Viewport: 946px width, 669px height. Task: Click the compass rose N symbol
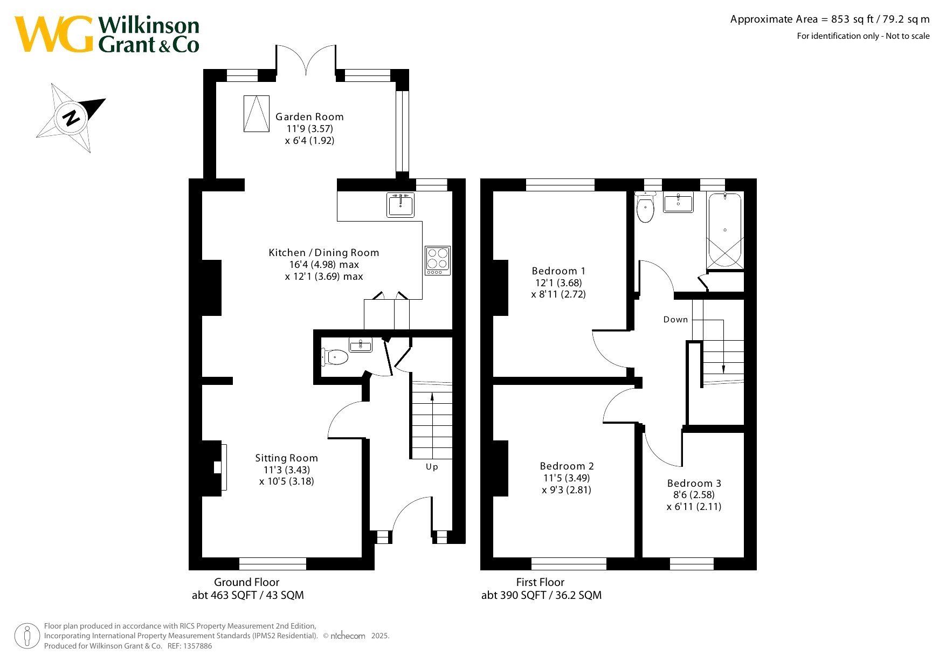[71, 118]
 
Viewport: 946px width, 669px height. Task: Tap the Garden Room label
[309, 117]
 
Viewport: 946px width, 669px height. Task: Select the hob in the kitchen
[437, 260]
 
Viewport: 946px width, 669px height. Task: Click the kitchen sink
[401, 205]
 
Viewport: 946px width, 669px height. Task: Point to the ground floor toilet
[335, 356]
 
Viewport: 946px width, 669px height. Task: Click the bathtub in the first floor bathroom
[725, 230]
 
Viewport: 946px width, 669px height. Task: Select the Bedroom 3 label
[694, 484]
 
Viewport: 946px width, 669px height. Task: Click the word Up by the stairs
[432, 467]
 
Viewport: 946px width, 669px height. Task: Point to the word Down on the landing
[675, 320]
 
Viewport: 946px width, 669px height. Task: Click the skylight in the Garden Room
[256, 114]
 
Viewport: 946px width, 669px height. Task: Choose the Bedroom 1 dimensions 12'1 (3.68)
[558, 283]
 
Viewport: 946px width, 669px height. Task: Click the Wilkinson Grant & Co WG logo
[107, 34]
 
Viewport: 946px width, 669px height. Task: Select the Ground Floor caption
[247, 582]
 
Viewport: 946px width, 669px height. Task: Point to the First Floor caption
[540, 582]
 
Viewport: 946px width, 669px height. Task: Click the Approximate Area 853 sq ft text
[830, 19]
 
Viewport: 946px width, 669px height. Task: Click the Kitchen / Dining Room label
[324, 253]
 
